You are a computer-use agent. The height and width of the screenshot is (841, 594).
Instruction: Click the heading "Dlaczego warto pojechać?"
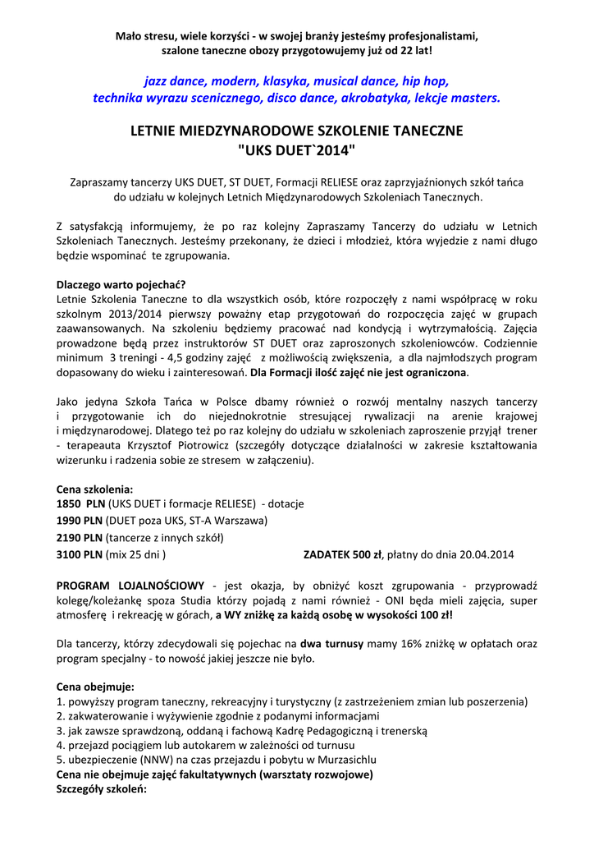[121, 284]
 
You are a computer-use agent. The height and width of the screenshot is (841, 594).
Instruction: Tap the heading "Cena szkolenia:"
[94, 489]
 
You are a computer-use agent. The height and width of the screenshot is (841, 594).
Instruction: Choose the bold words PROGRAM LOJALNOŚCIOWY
[130, 586]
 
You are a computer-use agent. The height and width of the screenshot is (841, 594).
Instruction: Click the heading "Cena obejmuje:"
[95, 687]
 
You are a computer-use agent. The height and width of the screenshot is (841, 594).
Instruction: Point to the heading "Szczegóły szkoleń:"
[101, 789]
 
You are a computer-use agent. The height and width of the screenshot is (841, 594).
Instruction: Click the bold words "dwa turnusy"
[331, 644]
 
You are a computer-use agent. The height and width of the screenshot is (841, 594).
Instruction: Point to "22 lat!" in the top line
[414, 51]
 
